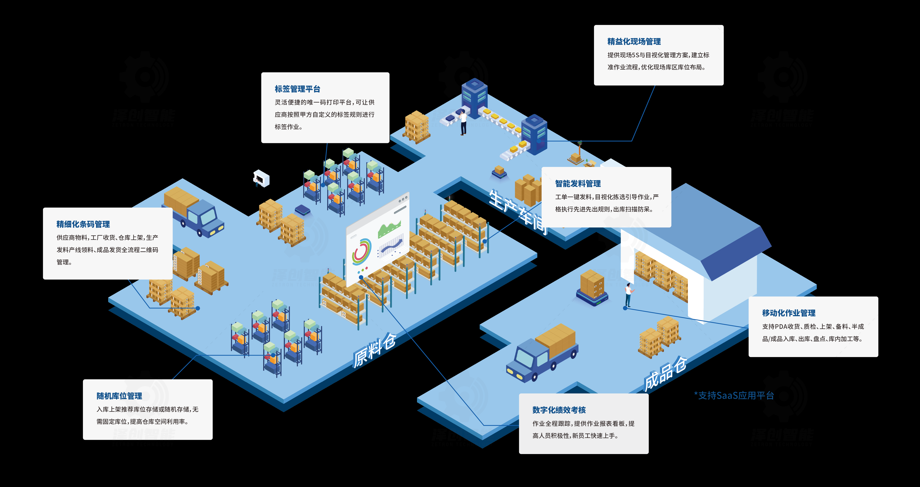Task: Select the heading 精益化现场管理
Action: [x=634, y=41]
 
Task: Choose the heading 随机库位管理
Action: [x=119, y=396]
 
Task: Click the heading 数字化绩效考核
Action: [x=559, y=410]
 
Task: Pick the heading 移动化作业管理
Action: [x=789, y=313]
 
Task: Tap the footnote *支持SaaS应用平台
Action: [x=734, y=395]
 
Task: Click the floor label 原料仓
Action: [x=374, y=350]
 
